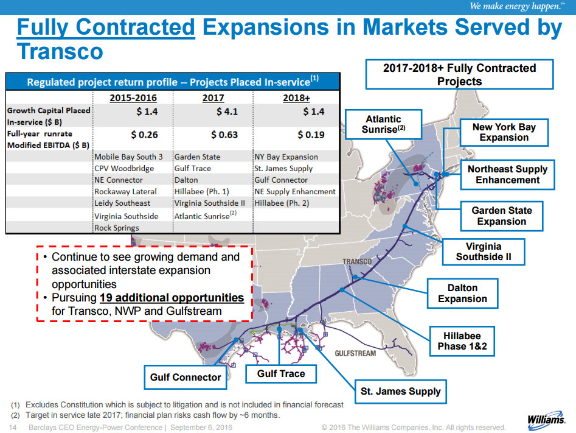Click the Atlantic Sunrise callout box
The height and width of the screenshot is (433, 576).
coord(383,124)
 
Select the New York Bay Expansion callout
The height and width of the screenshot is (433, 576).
coord(504,132)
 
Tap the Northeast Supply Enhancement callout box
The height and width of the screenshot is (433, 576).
coord(508,174)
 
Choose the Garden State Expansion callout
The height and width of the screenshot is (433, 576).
coord(502,216)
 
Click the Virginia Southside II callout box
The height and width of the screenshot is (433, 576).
coord(484,252)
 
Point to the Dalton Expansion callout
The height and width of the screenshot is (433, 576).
coord(463,293)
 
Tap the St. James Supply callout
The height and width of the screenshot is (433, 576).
coord(401,391)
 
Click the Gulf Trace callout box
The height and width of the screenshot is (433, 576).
coord(281,373)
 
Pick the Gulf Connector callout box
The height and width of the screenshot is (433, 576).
coord(186,377)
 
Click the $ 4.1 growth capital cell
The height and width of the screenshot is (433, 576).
coord(227,112)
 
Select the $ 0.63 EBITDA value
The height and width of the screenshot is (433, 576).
coord(224,135)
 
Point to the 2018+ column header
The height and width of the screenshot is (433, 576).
coord(296,97)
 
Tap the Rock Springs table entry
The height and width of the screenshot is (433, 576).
coord(116,228)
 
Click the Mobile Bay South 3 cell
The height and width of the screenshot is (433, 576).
coord(128,157)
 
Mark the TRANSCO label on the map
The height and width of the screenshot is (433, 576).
coord(356,262)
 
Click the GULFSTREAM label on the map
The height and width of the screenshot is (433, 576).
coord(355,353)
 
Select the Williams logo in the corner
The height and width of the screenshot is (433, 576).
coord(546,420)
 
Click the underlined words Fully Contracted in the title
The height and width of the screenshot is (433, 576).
coord(106,28)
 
